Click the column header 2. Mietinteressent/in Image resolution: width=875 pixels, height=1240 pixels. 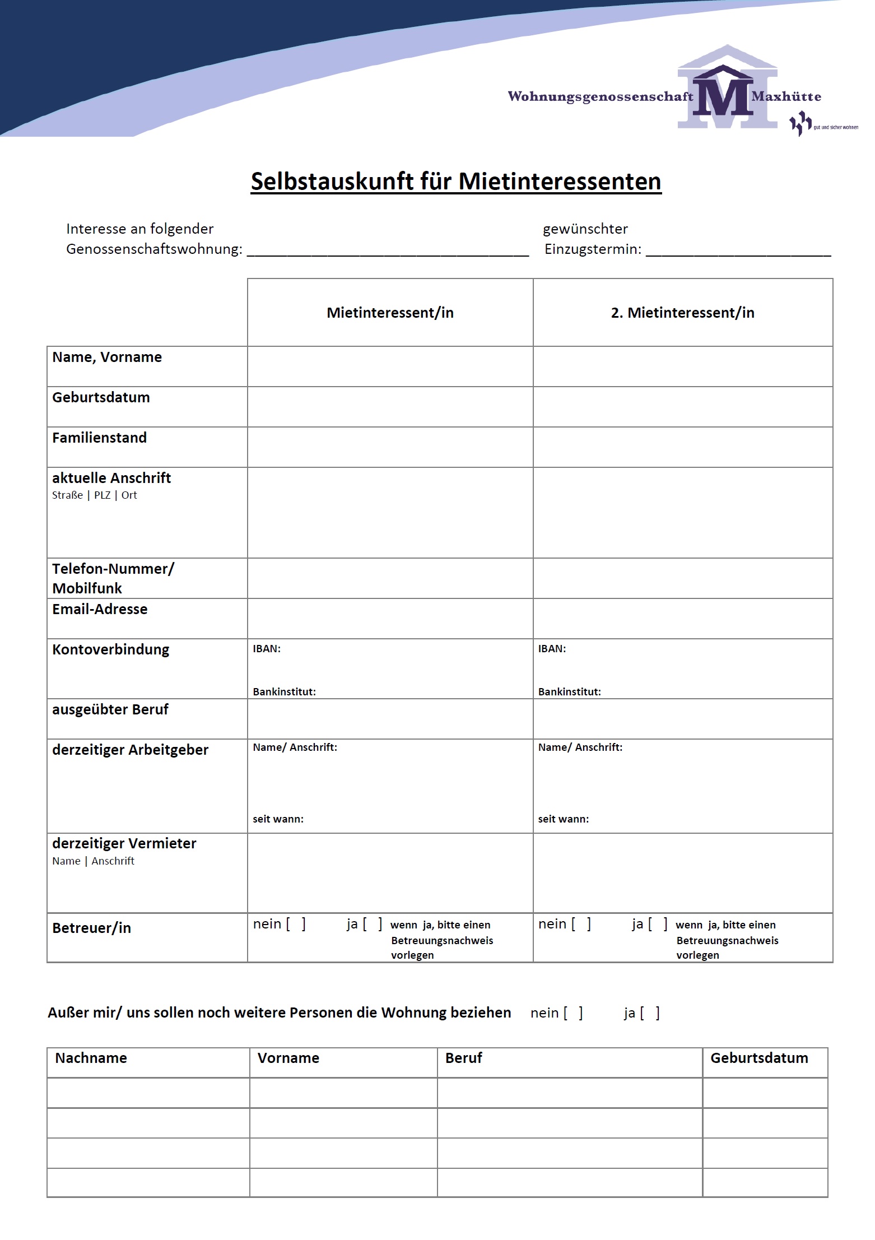tap(682, 313)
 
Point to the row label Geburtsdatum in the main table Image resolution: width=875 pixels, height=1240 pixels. tap(101, 398)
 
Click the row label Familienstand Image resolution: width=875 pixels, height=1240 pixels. tap(99, 438)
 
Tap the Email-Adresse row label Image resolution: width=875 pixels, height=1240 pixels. tap(100, 610)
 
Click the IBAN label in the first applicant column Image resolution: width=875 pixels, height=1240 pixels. tap(267, 649)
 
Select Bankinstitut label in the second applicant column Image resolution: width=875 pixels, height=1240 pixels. tap(569, 692)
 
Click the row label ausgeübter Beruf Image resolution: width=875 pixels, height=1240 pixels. tap(110, 710)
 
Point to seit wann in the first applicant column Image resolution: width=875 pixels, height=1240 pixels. tap(278, 819)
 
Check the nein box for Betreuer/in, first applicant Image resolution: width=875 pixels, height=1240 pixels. tap(296, 924)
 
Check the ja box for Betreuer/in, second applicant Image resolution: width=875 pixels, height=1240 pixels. tap(658, 924)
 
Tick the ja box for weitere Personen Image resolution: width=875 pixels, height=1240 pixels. tap(650, 1013)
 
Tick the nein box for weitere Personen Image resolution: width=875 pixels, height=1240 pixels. tap(573, 1013)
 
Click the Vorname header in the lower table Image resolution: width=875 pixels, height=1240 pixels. tap(288, 1058)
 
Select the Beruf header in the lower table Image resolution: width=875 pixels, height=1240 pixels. tap(464, 1058)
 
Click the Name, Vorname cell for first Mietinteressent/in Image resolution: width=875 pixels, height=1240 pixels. tap(390, 366)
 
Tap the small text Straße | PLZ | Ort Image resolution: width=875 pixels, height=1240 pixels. tap(94, 495)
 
